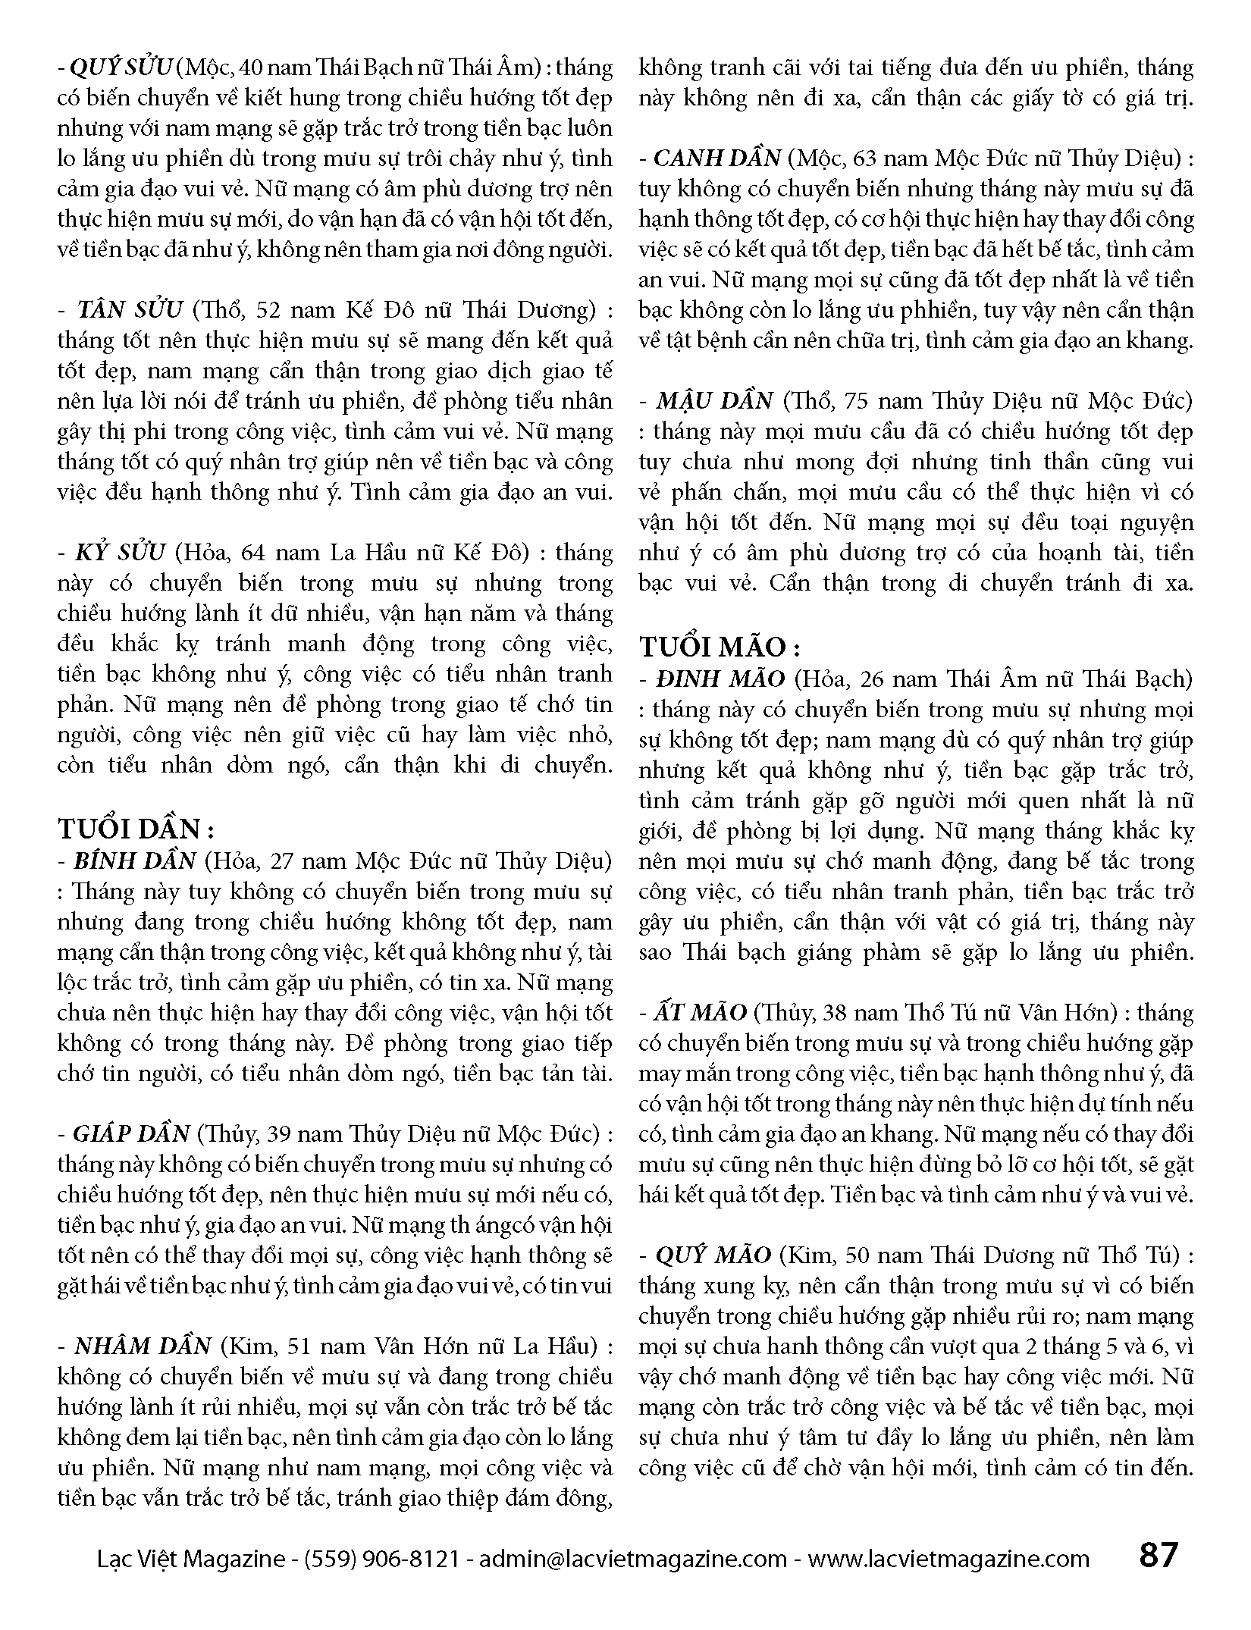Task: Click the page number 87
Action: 1159,1555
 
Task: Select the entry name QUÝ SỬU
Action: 122,68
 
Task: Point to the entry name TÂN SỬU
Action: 130,310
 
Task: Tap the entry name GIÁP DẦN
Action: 131,1134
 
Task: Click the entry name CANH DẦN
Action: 716,158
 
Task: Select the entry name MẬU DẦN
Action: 714,400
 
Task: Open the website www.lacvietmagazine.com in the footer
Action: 948,1559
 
